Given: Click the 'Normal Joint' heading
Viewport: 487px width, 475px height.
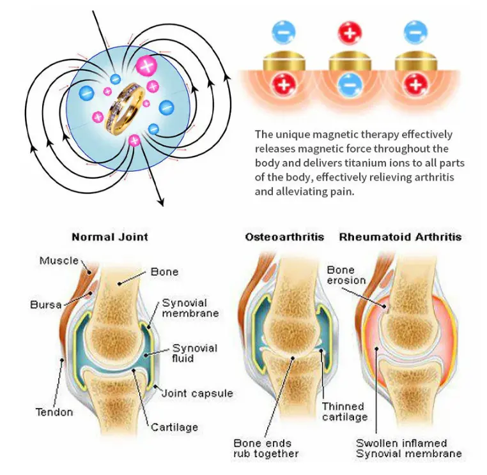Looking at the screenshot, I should point(109,237).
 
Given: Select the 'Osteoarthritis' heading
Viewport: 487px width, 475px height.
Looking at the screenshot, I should point(284,237).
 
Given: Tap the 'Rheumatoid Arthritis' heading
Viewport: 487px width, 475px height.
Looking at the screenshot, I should point(400,237).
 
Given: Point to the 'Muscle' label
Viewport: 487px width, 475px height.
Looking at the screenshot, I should point(59,260).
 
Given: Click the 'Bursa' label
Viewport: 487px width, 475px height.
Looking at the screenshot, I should point(46,305).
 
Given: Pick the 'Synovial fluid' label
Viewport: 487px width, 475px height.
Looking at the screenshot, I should point(195,353).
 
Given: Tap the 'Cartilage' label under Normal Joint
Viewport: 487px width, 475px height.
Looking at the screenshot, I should point(174,427).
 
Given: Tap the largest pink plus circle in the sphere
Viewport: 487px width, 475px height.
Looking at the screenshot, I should point(146,65).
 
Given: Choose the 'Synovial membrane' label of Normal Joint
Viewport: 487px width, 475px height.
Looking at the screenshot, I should point(190,308).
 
